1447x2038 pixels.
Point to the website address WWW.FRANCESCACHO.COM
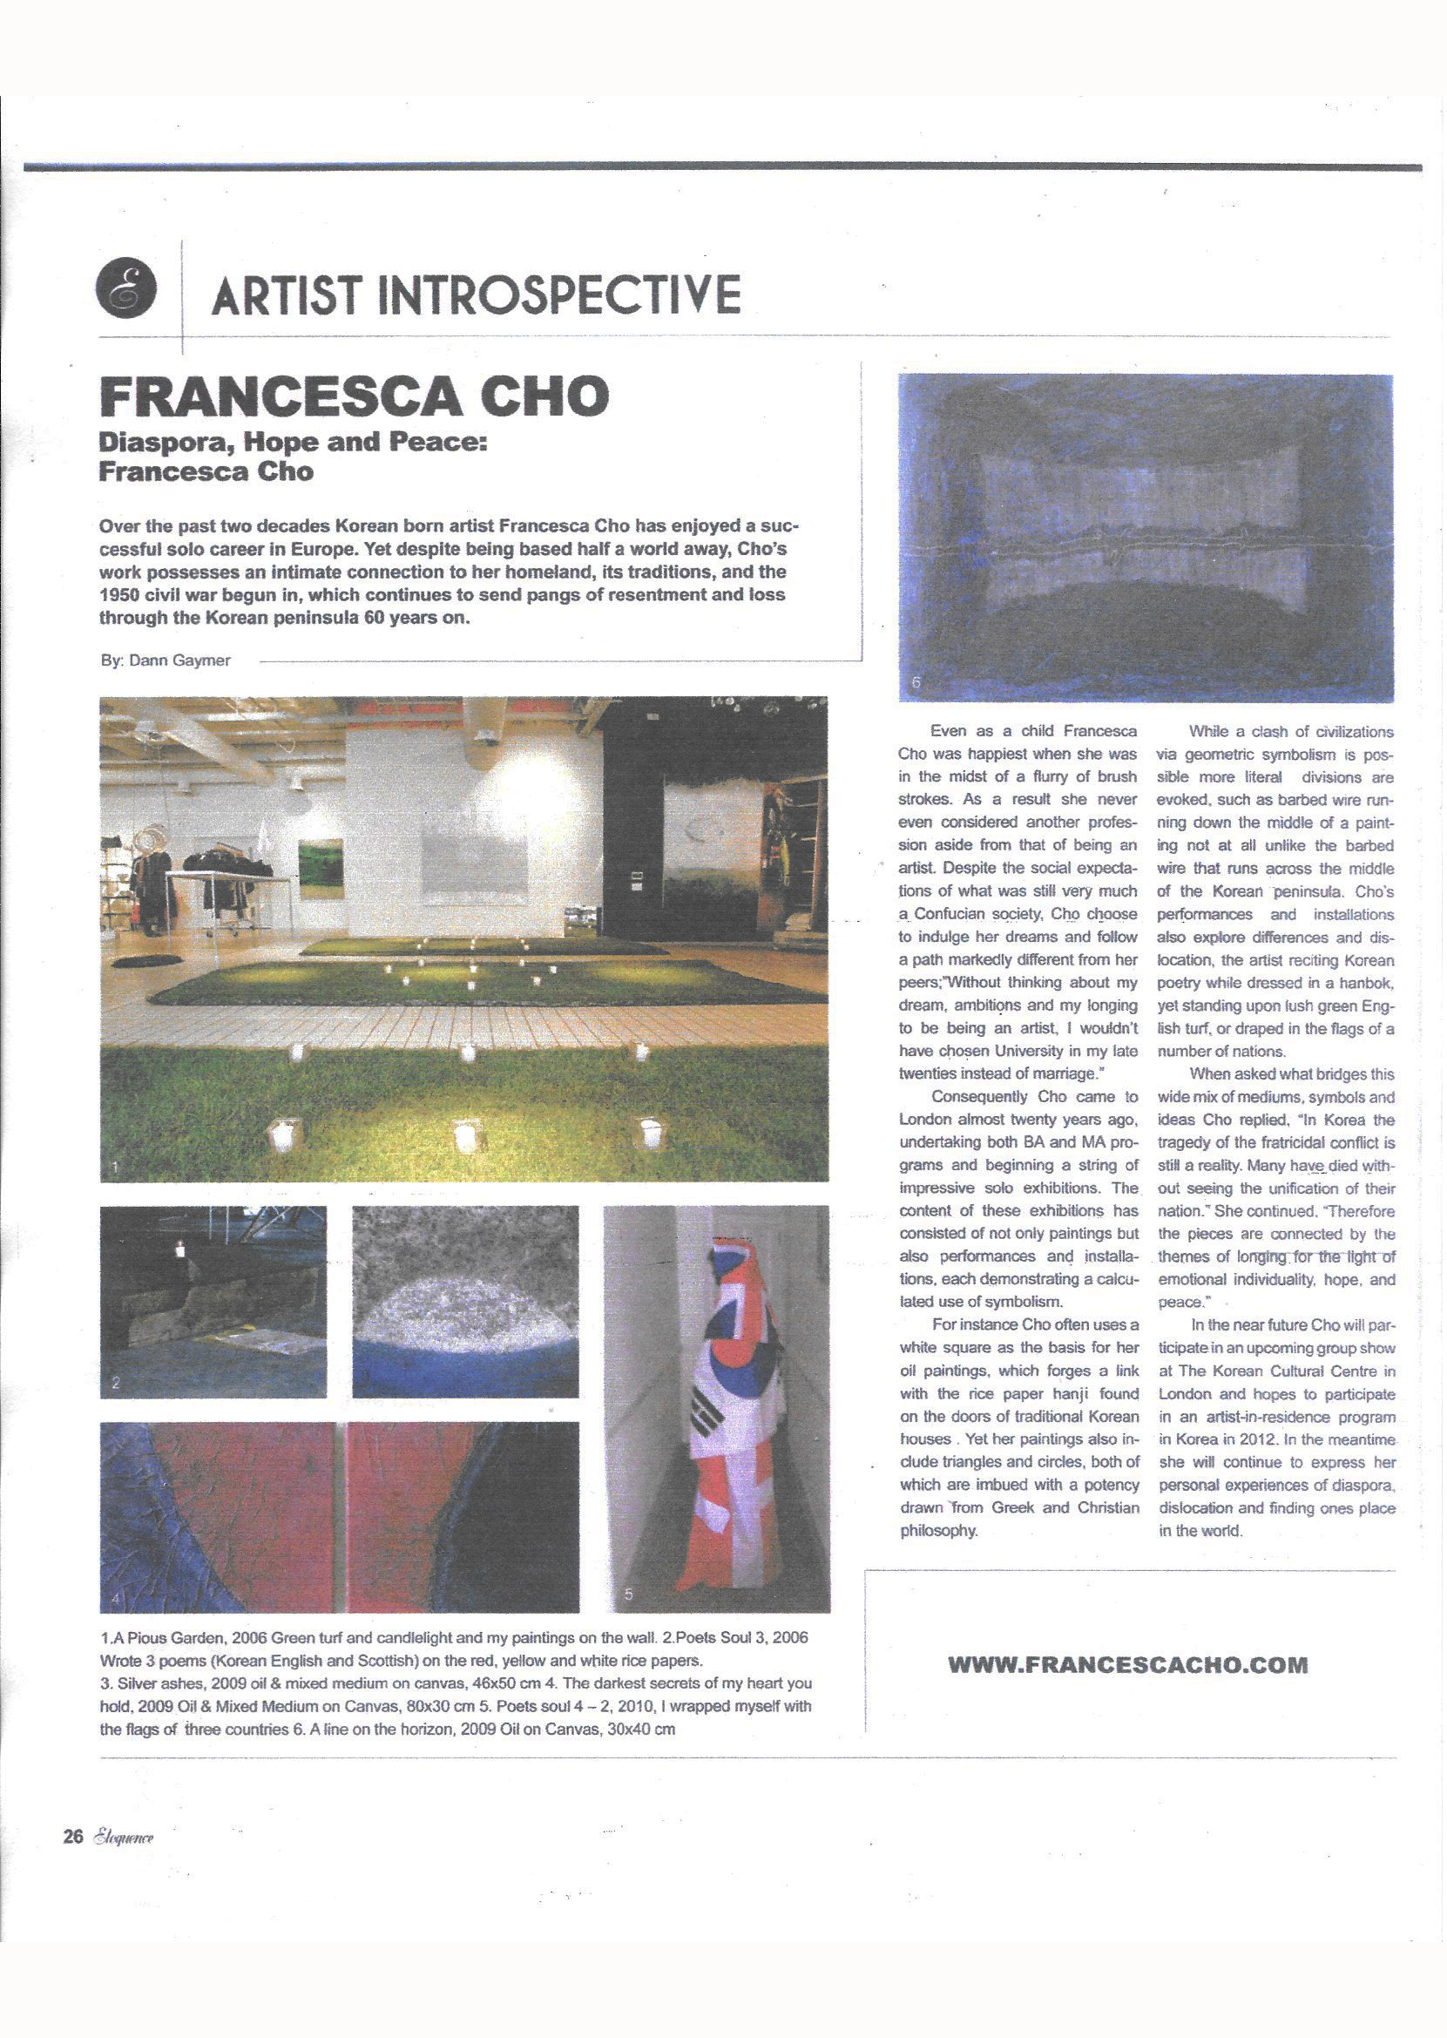(x=1128, y=1663)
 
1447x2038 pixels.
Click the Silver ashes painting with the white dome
(x=465, y=1300)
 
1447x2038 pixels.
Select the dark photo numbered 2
(x=213, y=1300)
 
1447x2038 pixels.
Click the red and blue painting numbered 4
(x=339, y=1516)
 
